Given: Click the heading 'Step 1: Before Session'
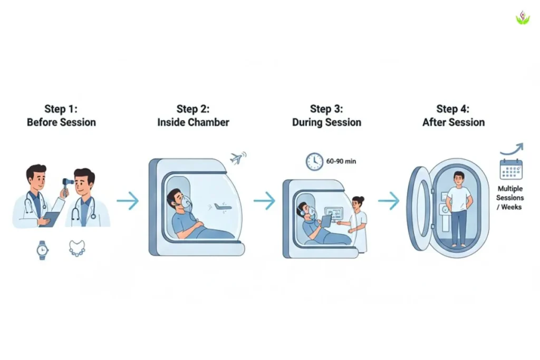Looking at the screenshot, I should pos(61,115).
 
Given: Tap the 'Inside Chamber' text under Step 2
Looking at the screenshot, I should pos(193,122).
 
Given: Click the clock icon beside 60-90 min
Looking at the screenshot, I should pos(315,161).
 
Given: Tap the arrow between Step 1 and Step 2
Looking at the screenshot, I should pos(127,201).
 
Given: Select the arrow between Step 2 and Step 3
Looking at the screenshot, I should pos(264,201).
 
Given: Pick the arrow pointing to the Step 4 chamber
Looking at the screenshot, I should pos(389,201).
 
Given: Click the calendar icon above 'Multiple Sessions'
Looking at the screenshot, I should pos(511,169).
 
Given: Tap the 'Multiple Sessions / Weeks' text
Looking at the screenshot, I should pos(510,198).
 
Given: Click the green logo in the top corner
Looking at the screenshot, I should pos(522,18).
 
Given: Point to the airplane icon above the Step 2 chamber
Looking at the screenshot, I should pos(238,158).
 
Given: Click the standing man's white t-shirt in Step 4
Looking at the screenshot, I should pos(459,198).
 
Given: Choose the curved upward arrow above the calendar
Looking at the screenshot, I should pos(511,149).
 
